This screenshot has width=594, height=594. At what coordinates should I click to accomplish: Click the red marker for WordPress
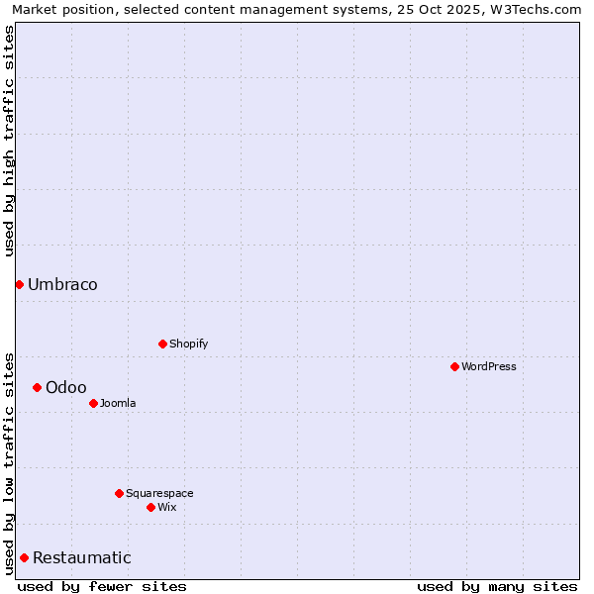coord(454,366)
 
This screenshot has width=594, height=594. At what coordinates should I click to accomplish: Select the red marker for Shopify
coord(162,344)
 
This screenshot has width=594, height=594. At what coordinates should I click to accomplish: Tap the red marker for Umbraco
coord(19,284)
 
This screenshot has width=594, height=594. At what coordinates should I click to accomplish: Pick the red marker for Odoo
coord(37,387)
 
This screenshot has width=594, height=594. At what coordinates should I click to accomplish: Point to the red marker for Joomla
coord(93,403)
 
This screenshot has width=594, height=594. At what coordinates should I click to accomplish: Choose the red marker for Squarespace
coord(119,493)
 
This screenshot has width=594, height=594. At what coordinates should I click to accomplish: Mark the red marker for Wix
coord(150,507)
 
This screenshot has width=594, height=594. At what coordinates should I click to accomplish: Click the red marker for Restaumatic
coord(24,557)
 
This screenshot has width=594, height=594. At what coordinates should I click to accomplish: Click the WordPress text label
coord(489,366)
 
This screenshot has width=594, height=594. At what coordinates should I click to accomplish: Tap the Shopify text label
coord(188,344)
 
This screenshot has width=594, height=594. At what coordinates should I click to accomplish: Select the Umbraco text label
coord(62,285)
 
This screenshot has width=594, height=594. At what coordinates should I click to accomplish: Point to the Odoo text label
coord(65,387)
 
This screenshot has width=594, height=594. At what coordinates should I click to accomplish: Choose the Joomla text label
coord(118,403)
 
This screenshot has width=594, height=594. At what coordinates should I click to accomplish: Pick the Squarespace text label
coord(159,493)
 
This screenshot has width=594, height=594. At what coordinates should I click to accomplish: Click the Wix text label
coord(166,507)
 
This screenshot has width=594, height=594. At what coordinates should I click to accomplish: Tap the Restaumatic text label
coord(81,558)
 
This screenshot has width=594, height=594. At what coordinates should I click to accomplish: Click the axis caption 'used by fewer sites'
coord(102,586)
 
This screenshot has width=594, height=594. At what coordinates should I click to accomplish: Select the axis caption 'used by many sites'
coord(497,586)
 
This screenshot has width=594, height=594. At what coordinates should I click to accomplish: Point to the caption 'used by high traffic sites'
coord(10,141)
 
